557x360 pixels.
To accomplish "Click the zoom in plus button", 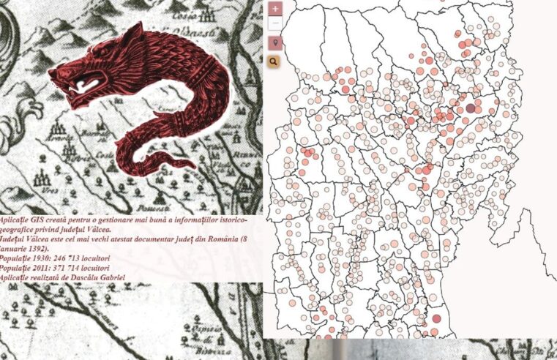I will [x=274, y=10].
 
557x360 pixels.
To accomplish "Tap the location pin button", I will [x=274, y=43].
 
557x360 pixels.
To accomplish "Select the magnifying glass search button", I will [x=274, y=62].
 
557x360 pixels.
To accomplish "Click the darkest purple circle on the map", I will [x=471, y=108].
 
